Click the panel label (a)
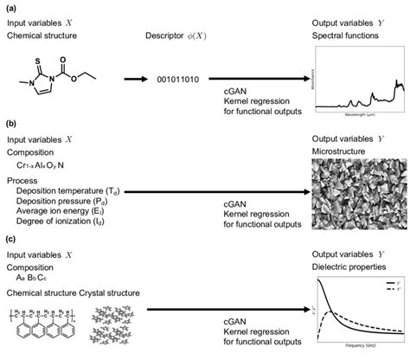(9, 7)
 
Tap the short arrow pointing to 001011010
(138, 80)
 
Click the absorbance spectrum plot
(359, 80)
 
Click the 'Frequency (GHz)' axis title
(358, 354)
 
